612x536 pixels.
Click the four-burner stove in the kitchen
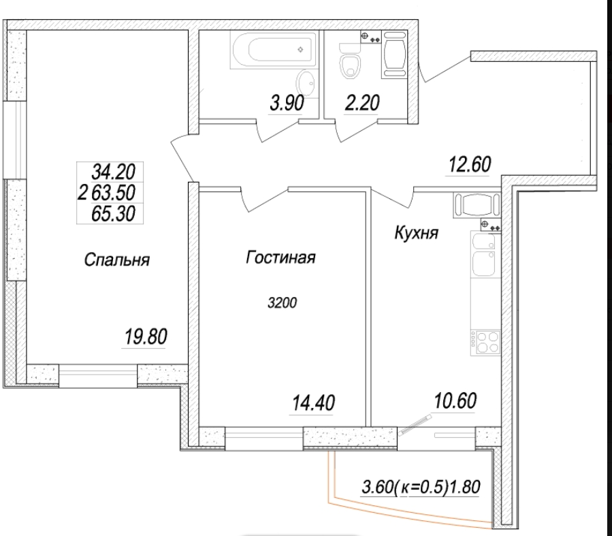pyautogui.click(x=485, y=343)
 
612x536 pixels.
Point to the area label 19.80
pyautogui.click(x=146, y=336)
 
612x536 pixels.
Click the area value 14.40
pyautogui.click(x=313, y=403)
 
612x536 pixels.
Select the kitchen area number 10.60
pyautogui.click(x=455, y=400)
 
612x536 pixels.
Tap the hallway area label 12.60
pyautogui.click(x=469, y=164)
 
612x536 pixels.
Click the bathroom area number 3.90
pyautogui.click(x=287, y=104)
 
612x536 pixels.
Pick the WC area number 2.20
pyautogui.click(x=361, y=103)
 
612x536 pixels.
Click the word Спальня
pyautogui.click(x=116, y=259)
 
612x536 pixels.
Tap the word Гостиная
pyautogui.click(x=280, y=257)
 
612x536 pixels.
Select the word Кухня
pyautogui.click(x=417, y=233)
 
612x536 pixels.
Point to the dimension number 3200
pyautogui.click(x=283, y=302)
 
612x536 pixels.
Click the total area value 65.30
pyautogui.click(x=113, y=214)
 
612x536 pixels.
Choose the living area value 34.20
pyautogui.click(x=113, y=172)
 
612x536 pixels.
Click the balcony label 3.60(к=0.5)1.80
pyautogui.click(x=421, y=487)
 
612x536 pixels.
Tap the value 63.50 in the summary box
pyautogui.click(x=113, y=193)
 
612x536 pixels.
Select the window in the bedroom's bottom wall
pyautogui.click(x=97, y=375)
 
